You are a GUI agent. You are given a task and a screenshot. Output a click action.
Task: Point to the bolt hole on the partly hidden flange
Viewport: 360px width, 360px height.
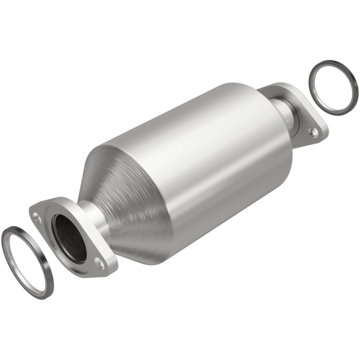coord(314,132)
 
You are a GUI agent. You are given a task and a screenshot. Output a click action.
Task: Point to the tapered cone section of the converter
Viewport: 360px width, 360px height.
coord(130,198)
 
